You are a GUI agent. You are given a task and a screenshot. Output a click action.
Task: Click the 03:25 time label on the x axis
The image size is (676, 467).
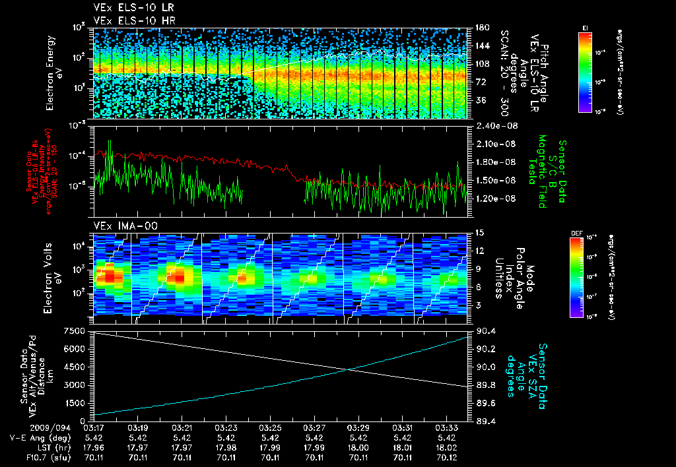pyautogui.click(x=270, y=427)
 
